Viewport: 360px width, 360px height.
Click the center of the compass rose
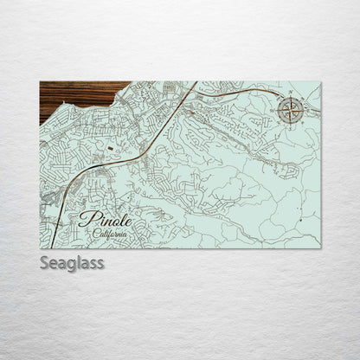point(290,110)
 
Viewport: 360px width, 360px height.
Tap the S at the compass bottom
point(290,124)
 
